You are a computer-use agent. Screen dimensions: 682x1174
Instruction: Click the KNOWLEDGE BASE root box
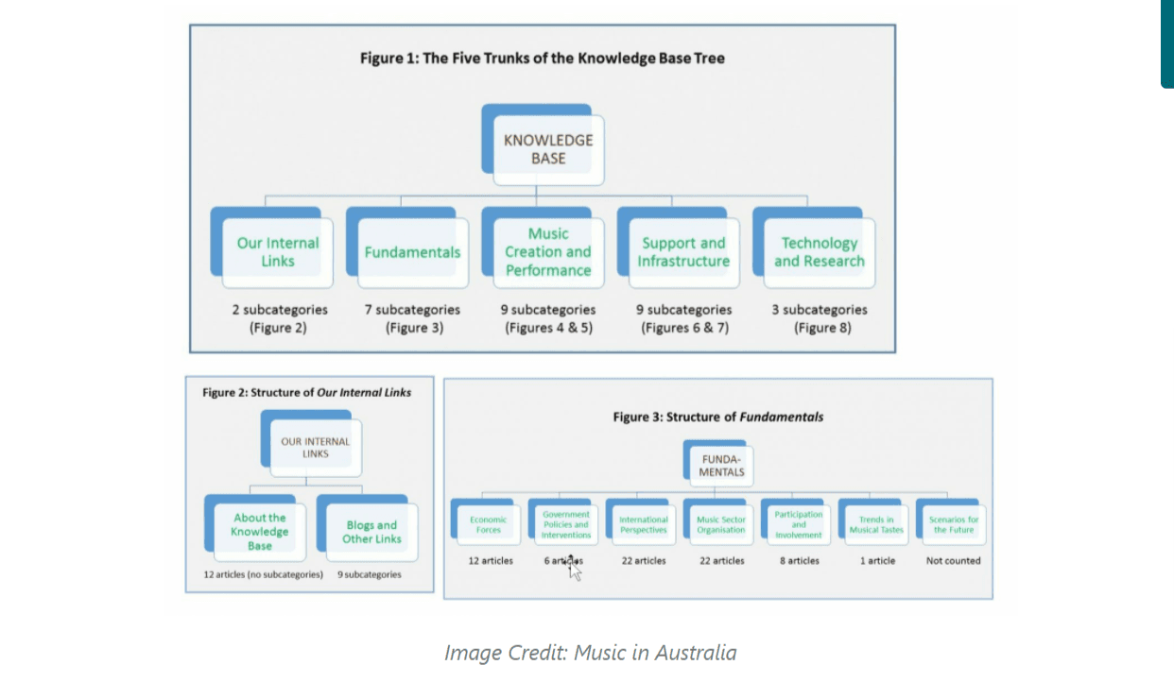pos(548,149)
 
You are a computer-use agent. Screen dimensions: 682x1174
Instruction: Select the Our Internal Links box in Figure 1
pos(278,252)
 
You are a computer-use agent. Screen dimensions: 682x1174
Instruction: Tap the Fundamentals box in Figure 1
pos(413,252)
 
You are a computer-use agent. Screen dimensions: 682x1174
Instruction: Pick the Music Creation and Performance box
pos(548,252)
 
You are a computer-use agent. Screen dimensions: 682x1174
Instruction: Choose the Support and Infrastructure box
pos(683,252)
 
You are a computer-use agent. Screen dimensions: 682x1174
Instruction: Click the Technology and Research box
pos(820,252)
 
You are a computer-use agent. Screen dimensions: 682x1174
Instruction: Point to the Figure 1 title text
pos(543,58)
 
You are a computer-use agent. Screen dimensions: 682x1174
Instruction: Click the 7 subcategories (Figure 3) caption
pos(413,318)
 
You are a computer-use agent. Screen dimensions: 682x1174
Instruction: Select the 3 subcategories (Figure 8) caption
pos(820,318)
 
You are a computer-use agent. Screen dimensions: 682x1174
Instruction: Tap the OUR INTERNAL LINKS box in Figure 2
pos(316,448)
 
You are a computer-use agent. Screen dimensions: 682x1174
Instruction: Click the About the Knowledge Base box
pos(260,532)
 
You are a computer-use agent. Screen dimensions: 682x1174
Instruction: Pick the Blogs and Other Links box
pos(372,532)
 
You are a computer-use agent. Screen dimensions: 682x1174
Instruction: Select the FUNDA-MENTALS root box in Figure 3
pos(722,466)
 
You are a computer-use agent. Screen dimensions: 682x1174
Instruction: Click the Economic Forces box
pos(489,524)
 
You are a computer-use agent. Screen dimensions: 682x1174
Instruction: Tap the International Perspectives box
pos(644,524)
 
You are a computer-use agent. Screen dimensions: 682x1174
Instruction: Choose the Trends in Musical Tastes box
pos(876,524)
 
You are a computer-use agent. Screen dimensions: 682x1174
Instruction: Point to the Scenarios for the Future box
pos(954,524)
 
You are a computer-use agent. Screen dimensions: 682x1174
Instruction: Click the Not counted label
pos(954,560)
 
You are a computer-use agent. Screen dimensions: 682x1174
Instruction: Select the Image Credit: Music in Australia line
pos(590,653)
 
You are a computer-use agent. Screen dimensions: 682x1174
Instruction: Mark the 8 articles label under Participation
pos(799,560)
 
